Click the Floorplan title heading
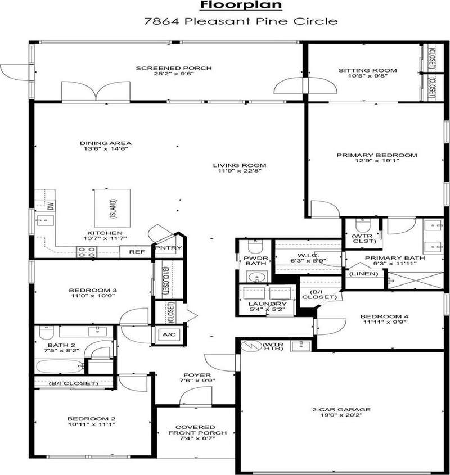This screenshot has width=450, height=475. pos(241,5)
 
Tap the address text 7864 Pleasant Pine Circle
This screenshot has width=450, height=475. pos(241,21)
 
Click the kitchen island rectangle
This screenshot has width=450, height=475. pos(112,208)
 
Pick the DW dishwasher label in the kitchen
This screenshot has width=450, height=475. pos(51,206)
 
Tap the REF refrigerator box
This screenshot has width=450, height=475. pos(136,252)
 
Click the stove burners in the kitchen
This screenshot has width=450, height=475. pos(87,252)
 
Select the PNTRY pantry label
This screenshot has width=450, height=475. pos(169,248)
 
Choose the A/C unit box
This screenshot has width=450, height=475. pos(169,334)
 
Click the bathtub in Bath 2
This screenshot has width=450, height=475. pos(60,367)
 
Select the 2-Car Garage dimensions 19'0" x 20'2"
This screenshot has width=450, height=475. pos(341,415)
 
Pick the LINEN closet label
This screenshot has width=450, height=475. pos(363,274)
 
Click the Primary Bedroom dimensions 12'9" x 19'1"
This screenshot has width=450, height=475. pos(377,161)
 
